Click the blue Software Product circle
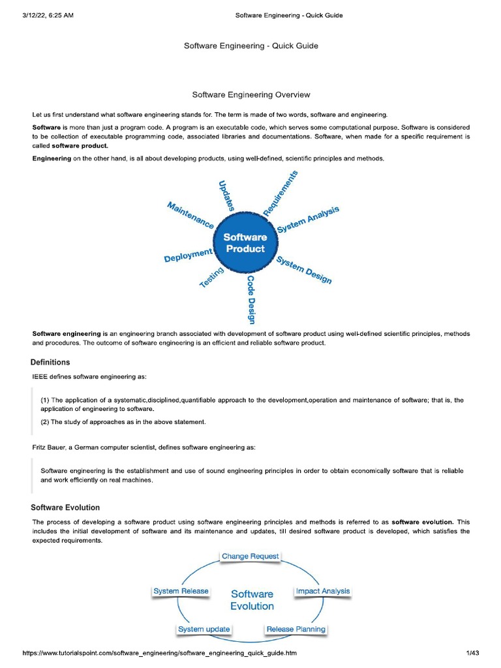(x=245, y=243)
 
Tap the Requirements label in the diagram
(x=281, y=194)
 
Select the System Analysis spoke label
(x=308, y=220)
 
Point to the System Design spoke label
(x=304, y=269)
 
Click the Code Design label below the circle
(x=250, y=299)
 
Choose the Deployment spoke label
(x=189, y=255)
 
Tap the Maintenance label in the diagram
(x=190, y=215)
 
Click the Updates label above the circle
(x=226, y=194)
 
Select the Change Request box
(x=250, y=556)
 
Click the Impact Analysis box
(x=322, y=591)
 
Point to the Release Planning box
(x=296, y=630)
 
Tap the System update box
(x=204, y=630)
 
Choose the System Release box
(x=181, y=591)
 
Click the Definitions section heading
(x=51, y=362)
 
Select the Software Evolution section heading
(x=65, y=508)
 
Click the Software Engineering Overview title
(x=251, y=95)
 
